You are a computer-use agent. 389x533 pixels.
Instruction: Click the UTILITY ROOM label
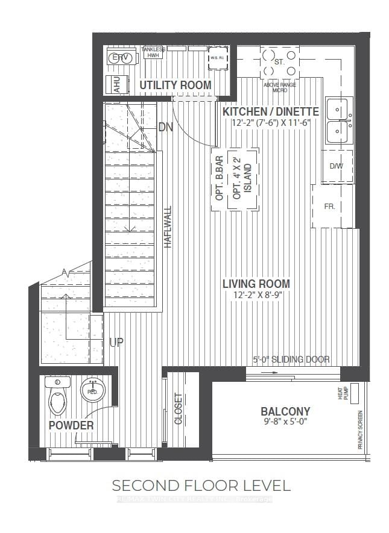click(x=176, y=85)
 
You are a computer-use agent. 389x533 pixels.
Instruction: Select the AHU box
click(x=113, y=85)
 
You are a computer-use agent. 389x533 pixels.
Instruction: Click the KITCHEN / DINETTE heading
click(x=271, y=111)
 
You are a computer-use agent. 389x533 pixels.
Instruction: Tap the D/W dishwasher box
click(x=336, y=166)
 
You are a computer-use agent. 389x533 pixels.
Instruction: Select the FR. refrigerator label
click(x=329, y=206)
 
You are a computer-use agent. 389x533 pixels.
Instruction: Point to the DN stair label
click(x=166, y=127)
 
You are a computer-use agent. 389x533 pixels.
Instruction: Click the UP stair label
click(x=116, y=343)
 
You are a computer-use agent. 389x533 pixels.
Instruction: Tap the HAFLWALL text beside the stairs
click(x=168, y=228)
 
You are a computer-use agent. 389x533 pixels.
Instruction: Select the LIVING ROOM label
click(x=256, y=284)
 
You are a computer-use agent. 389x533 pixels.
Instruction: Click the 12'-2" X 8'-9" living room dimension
click(x=256, y=295)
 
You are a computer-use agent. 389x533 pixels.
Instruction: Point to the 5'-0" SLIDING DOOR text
click(x=291, y=360)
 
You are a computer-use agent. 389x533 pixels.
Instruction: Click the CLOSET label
click(x=179, y=410)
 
